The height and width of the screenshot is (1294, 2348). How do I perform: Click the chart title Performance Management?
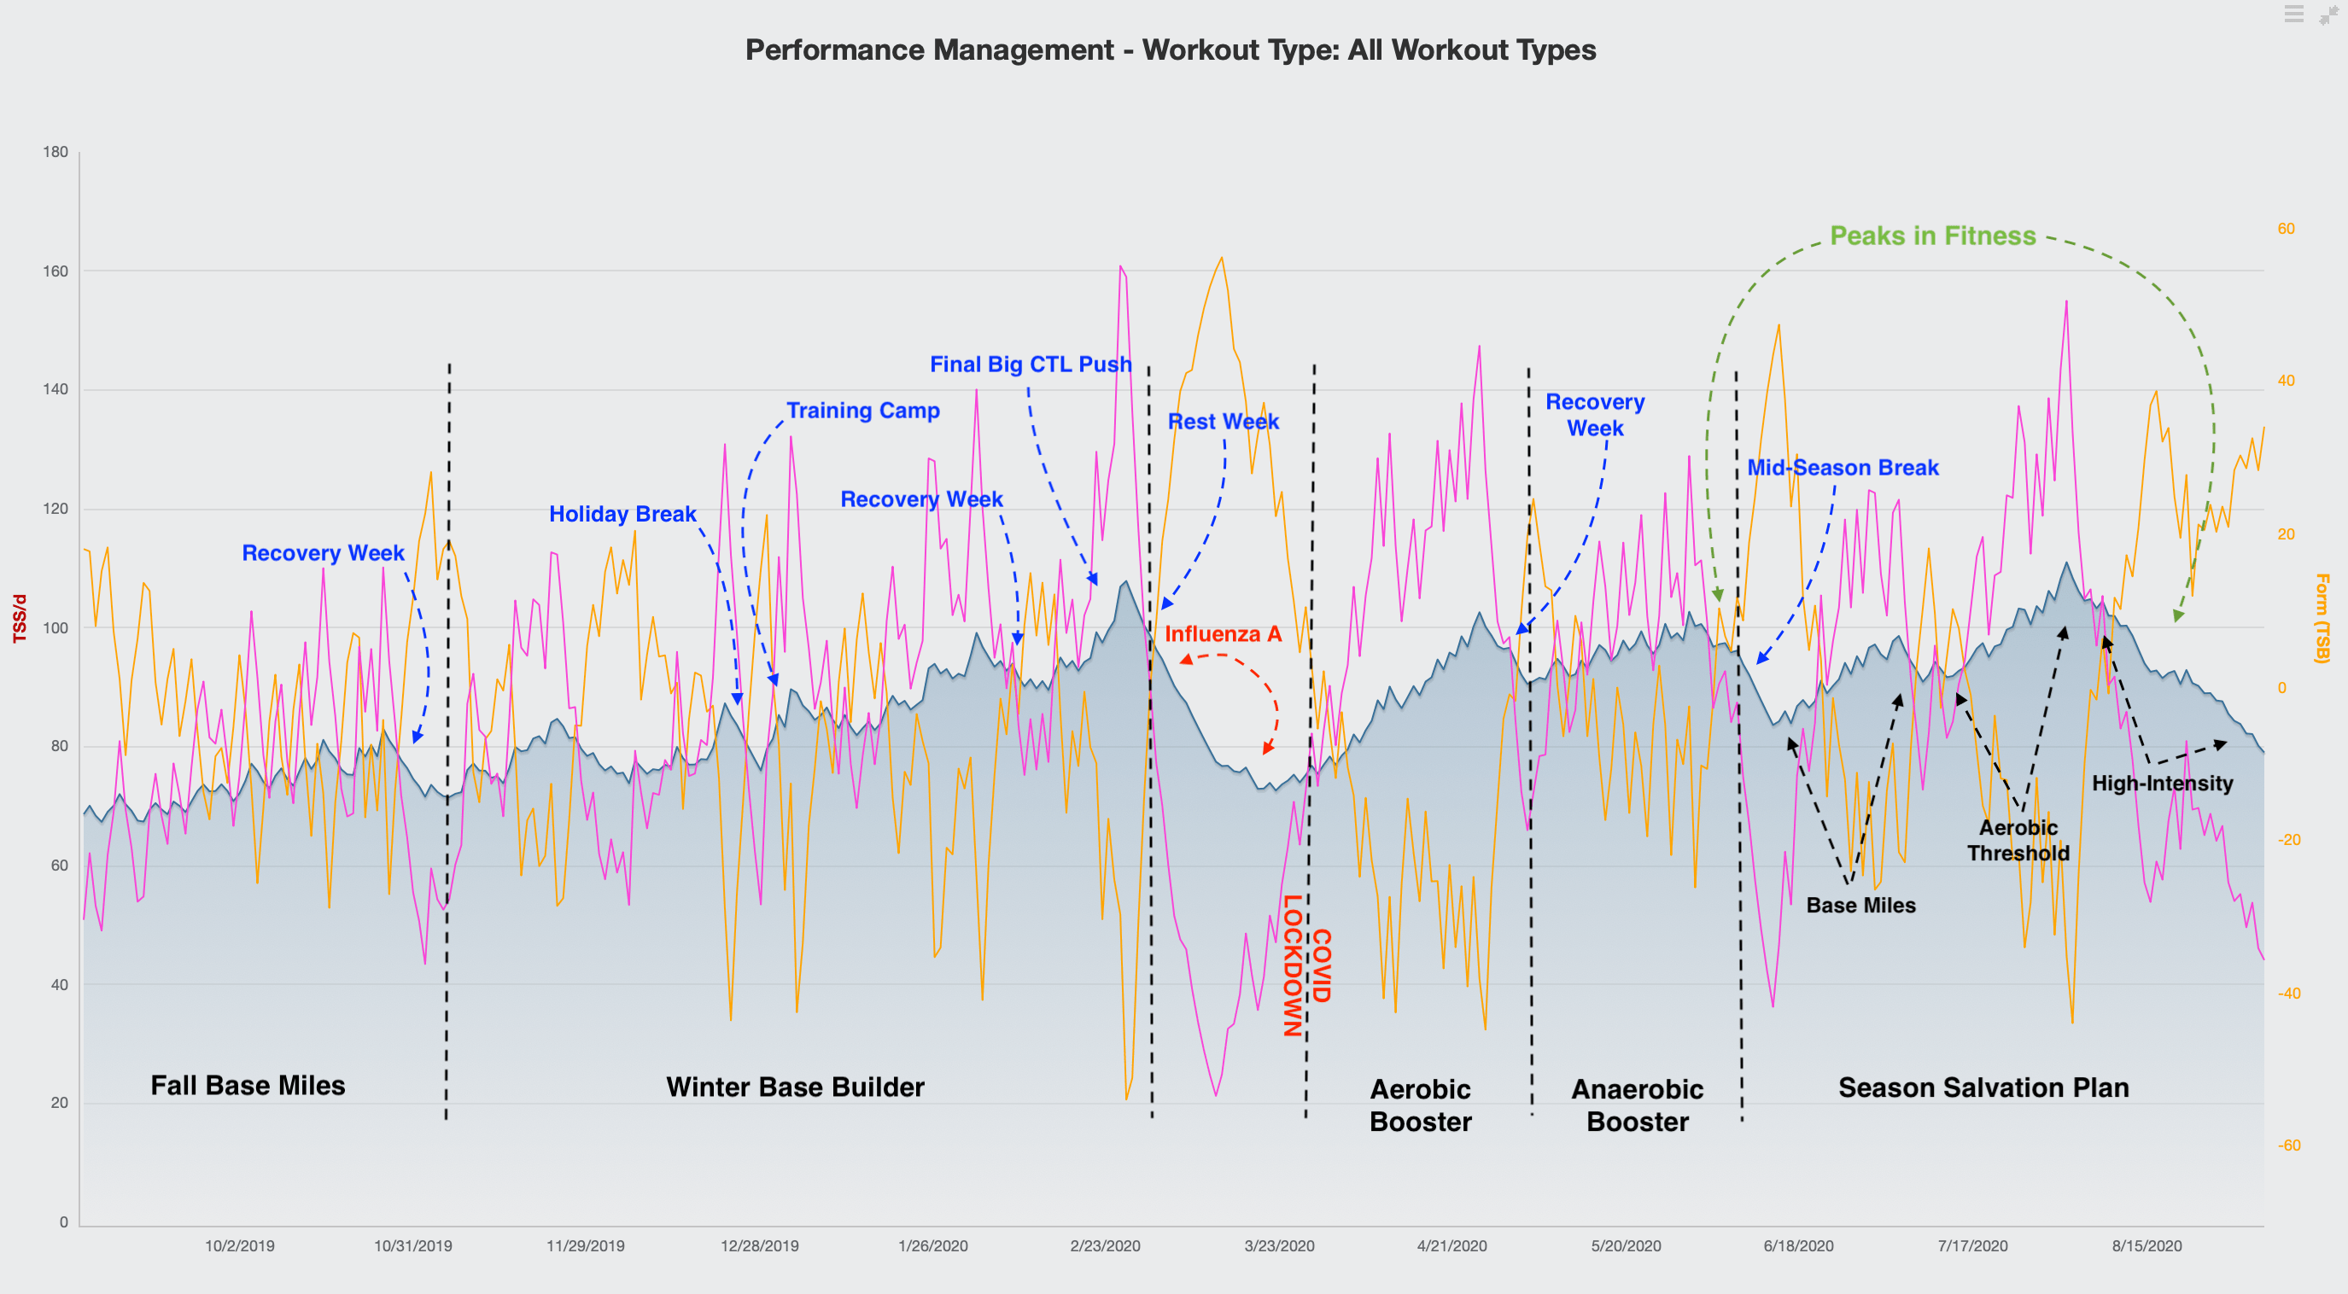(x=1170, y=50)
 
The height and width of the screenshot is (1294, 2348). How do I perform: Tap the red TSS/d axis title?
(x=19, y=619)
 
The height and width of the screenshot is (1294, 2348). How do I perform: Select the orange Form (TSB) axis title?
(x=2322, y=618)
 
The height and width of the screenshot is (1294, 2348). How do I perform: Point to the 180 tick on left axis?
(x=55, y=152)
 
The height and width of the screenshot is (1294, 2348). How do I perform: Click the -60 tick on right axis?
(x=2289, y=1145)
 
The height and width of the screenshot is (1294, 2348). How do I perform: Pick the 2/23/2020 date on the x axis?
(x=1105, y=1245)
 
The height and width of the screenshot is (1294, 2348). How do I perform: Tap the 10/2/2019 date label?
(x=239, y=1245)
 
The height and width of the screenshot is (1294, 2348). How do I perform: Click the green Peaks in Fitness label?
(x=1932, y=236)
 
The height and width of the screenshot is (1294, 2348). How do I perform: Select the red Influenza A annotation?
(x=1223, y=634)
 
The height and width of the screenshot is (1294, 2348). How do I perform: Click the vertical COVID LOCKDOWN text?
(x=1306, y=966)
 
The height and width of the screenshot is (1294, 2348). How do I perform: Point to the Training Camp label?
(x=862, y=411)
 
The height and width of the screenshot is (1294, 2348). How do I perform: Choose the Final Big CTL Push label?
(x=1030, y=364)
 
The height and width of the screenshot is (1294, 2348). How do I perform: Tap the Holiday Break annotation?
(x=622, y=514)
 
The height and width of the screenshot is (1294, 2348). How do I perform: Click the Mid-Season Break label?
(x=1843, y=468)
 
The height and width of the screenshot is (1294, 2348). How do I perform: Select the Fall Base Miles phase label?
(x=247, y=1086)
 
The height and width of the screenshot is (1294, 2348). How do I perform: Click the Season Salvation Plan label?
(x=1983, y=1087)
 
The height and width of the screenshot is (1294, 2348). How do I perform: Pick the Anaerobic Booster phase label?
(x=1637, y=1105)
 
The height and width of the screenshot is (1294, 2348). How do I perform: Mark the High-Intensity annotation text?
(x=2161, y=784)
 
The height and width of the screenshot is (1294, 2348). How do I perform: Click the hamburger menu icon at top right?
(x=2293, y=14)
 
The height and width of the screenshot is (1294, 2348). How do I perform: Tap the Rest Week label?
(x=1224, y=422)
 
